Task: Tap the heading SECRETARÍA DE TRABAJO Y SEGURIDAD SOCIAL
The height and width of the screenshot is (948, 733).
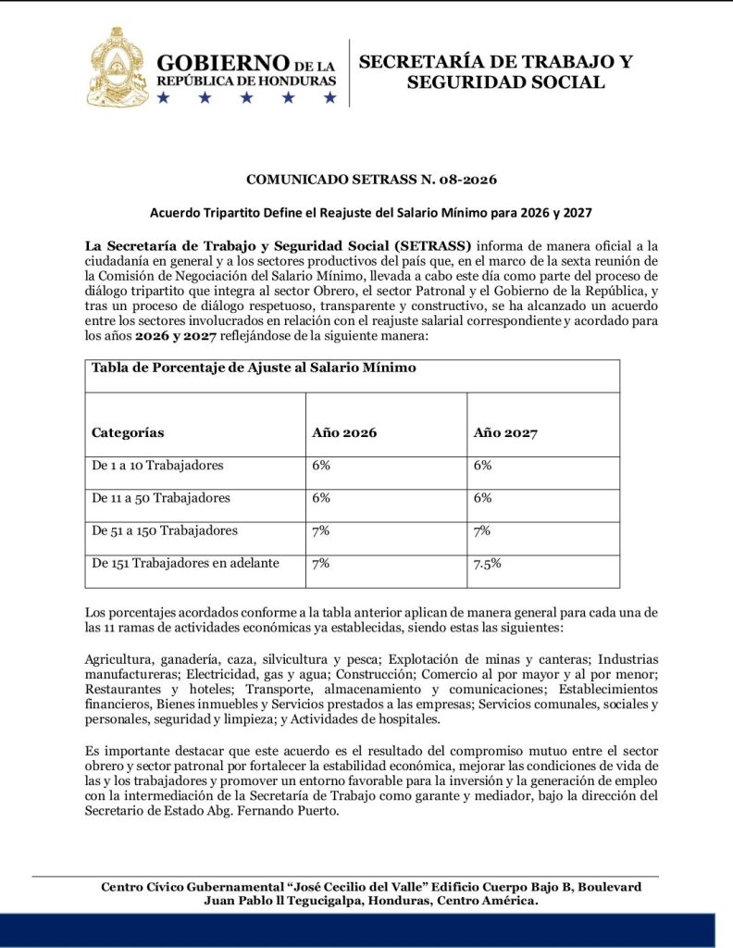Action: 496,72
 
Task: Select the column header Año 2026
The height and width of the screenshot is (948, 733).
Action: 344,432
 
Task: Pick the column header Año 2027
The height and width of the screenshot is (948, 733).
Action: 505,432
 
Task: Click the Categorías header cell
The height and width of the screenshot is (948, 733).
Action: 128,432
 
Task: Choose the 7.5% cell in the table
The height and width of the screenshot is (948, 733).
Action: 487,563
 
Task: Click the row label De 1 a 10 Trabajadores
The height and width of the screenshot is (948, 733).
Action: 157,465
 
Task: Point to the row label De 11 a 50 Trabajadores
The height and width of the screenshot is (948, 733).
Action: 161,497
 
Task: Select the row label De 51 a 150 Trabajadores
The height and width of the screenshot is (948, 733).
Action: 165,530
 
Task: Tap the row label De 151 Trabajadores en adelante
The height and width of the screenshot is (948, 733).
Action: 185,563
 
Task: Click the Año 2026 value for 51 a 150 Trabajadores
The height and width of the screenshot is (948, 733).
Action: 322,530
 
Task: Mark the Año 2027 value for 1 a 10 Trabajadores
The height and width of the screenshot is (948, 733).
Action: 482,465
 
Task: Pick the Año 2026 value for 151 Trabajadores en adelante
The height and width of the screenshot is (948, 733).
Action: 322,563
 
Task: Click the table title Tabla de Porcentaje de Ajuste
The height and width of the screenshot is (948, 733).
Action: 254,368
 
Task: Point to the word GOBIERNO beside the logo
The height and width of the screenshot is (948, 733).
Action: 223,63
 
